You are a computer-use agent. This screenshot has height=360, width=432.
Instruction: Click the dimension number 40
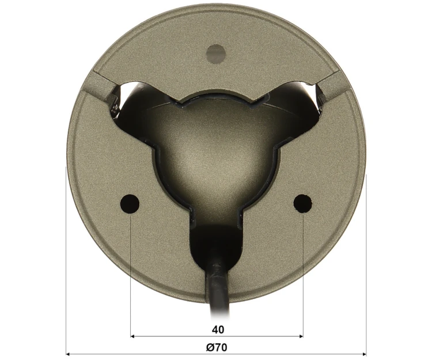[218, 329]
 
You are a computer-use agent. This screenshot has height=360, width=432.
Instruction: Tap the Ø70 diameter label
[217, 347]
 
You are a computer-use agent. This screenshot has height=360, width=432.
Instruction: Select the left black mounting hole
[130, 204]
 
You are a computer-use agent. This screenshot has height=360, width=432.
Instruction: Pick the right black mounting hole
[303, 203]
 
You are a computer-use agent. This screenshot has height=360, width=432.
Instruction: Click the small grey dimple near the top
[216, 52]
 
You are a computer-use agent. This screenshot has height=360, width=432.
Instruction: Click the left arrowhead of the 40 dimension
[132, 336]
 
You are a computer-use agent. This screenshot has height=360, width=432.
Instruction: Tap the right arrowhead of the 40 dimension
[301, 336]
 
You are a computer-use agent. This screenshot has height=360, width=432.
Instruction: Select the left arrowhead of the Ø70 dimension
[69, 354]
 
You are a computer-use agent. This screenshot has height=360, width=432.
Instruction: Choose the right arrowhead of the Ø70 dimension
[364, 354]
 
